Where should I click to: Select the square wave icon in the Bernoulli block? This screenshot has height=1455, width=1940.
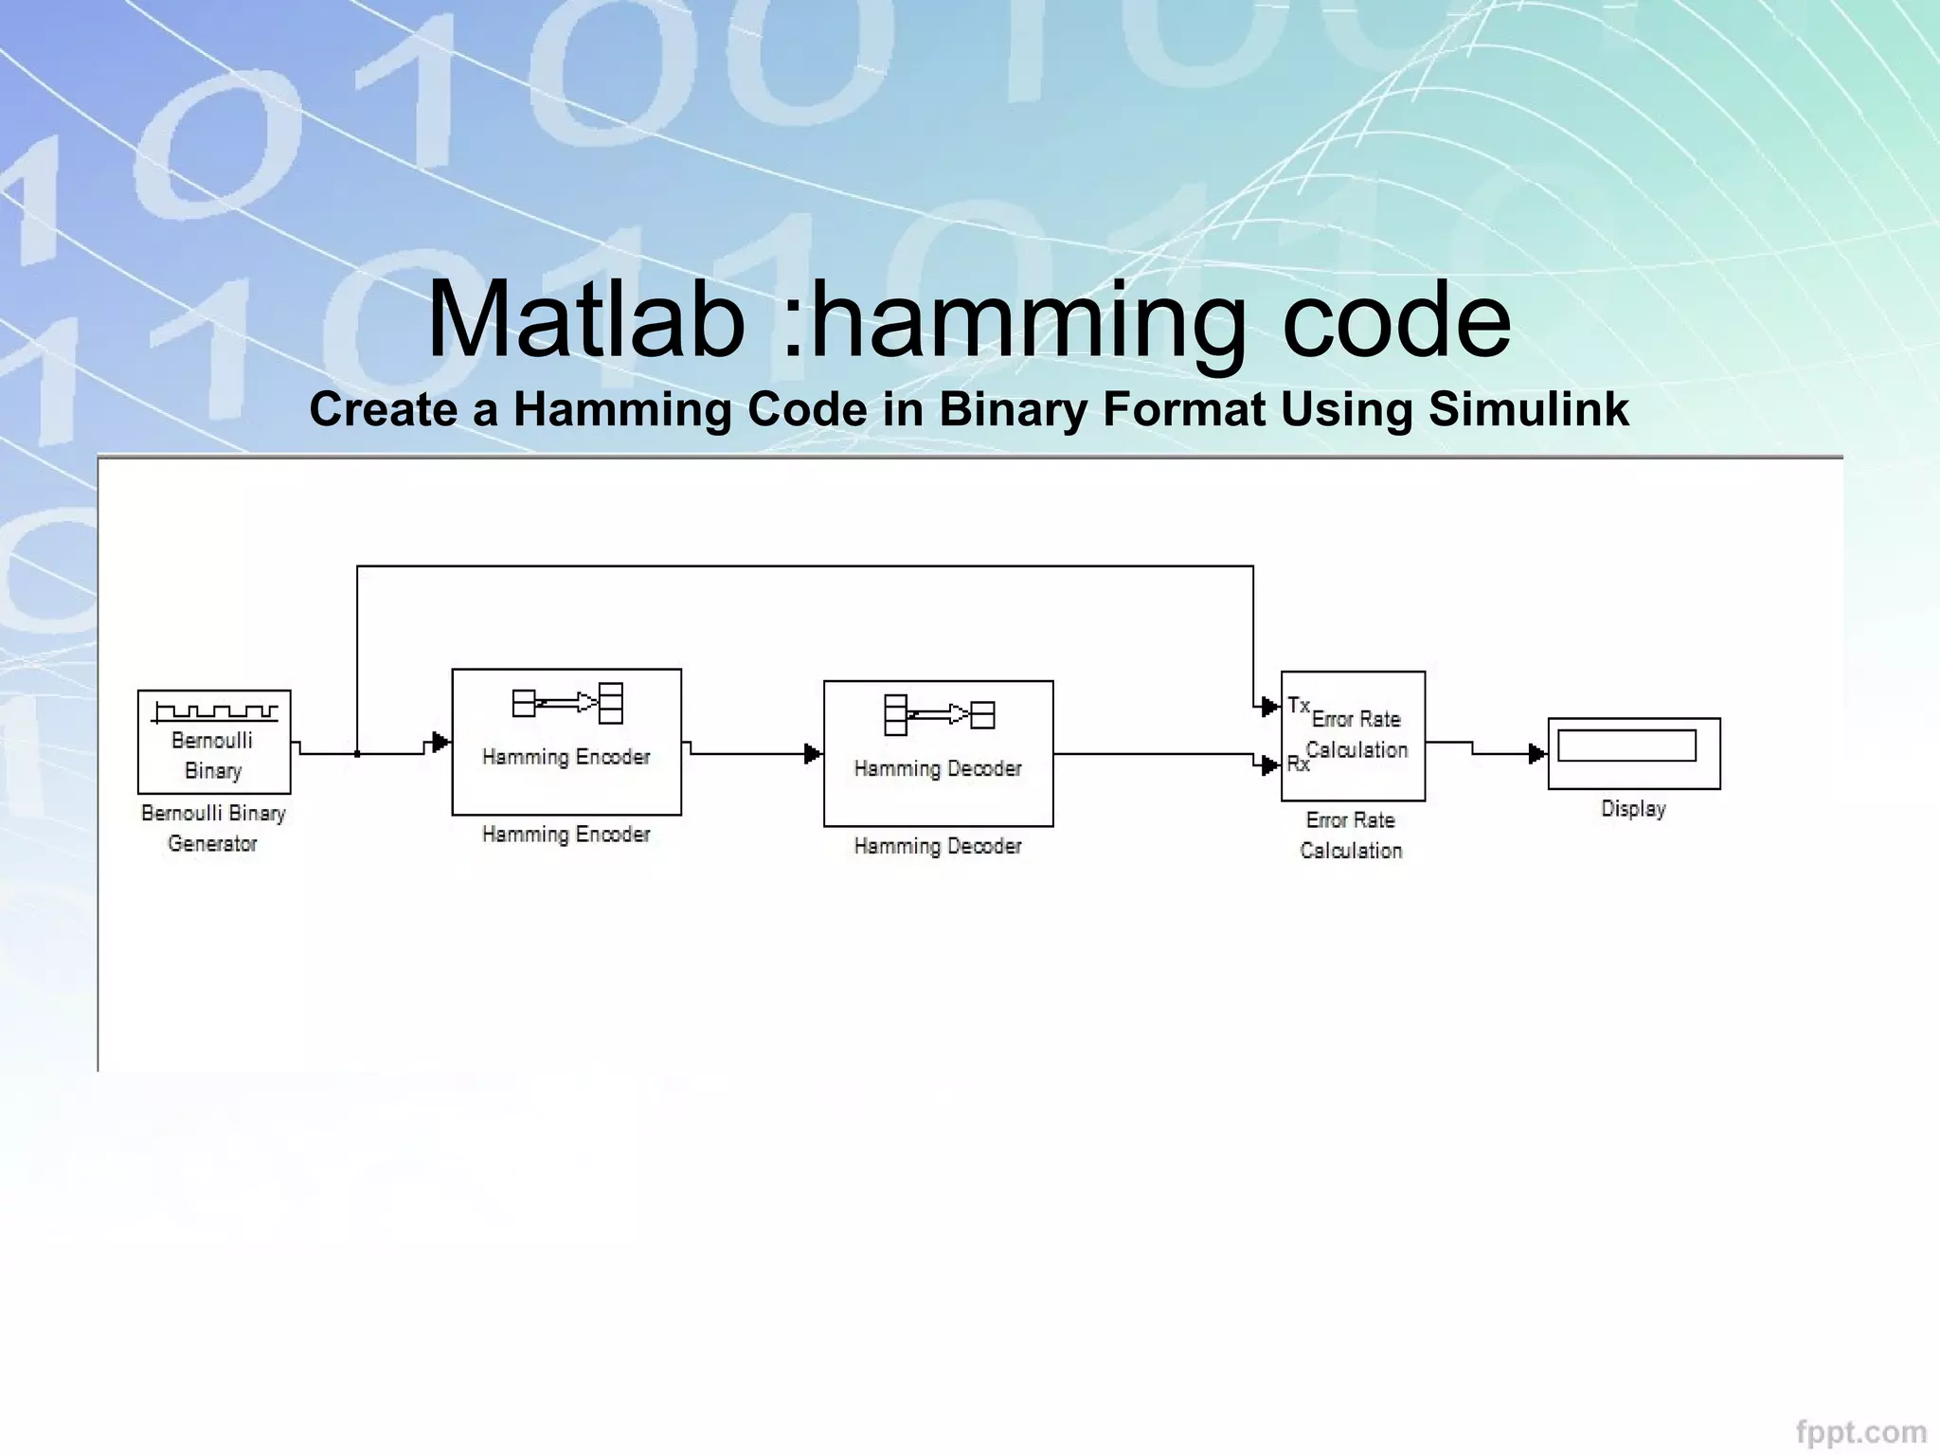[x=216, y=710]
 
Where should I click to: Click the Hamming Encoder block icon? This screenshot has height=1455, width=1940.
[x=567, y=703]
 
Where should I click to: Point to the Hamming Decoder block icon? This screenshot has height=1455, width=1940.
[x=939, y=714]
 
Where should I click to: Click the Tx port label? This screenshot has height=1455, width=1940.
[x=1298, y=706]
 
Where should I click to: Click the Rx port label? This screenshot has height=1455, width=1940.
[x=1297, y=763]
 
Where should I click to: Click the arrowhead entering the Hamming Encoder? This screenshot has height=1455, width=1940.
[x=440, y=742]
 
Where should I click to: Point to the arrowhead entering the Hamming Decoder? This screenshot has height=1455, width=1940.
[x=813, y=754]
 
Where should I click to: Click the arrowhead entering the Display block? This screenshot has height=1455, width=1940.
[x=1537, y=754]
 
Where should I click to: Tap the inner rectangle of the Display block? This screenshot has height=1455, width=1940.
[x=1626, y=745]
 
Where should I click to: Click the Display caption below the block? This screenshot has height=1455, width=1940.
[x=1633, y=809]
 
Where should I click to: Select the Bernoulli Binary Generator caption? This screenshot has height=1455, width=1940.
[x=213, y=828]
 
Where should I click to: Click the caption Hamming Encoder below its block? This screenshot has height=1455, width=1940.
[x=566, y=835]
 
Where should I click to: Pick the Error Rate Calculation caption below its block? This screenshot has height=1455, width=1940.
[x=1351, y=835]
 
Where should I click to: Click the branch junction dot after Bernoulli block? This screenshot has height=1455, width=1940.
[x=357, y=754]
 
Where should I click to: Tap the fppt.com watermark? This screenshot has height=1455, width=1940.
[x=1860, y=1431]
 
